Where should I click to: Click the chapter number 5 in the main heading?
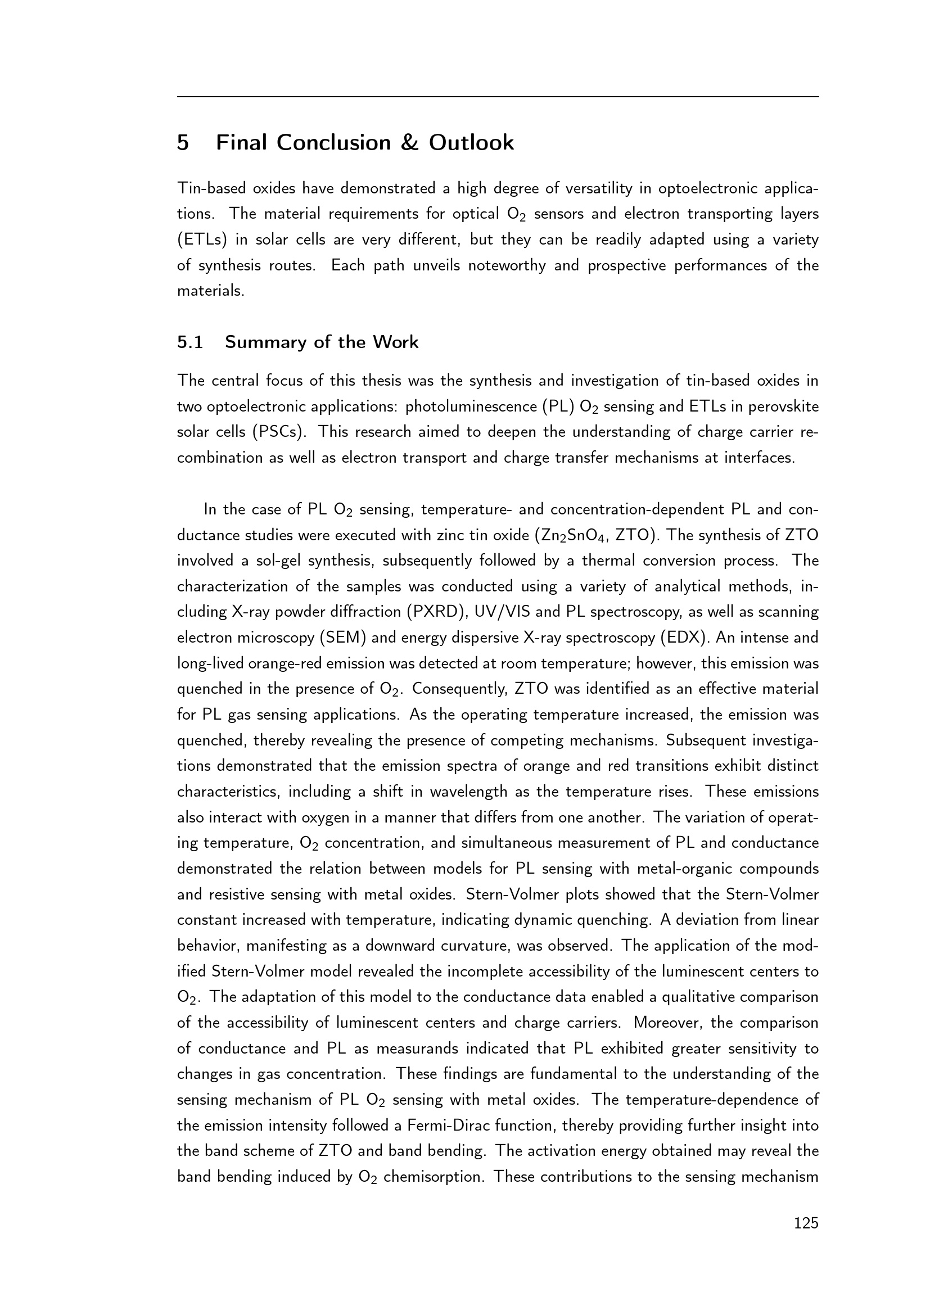point(183,143)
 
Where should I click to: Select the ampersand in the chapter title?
point(410,143)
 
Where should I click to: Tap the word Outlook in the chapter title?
point(471,143)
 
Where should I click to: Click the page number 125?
point(806,1224)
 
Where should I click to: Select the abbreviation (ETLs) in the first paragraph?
point(202,239)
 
